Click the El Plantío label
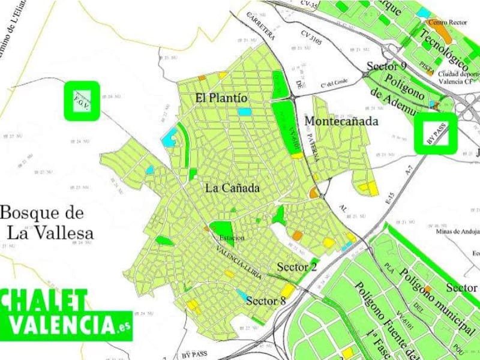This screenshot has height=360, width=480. pyautogui.click(x=221, y=97)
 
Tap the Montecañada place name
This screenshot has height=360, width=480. pyautogui.click(x=341, y=121)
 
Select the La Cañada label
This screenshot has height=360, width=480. pyautogui.click(x=232, y=188)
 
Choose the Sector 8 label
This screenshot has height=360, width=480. pyautogui.click(x=266, y=301)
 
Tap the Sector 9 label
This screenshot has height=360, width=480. pyautogui.click(x=386, y=66)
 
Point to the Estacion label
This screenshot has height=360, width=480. pyautogui.click(x=231, y=238)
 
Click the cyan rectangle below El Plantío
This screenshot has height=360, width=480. pyautogui.click(x=244, y=112)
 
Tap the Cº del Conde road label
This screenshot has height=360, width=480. pyautogui.click(x=334, y=82)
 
